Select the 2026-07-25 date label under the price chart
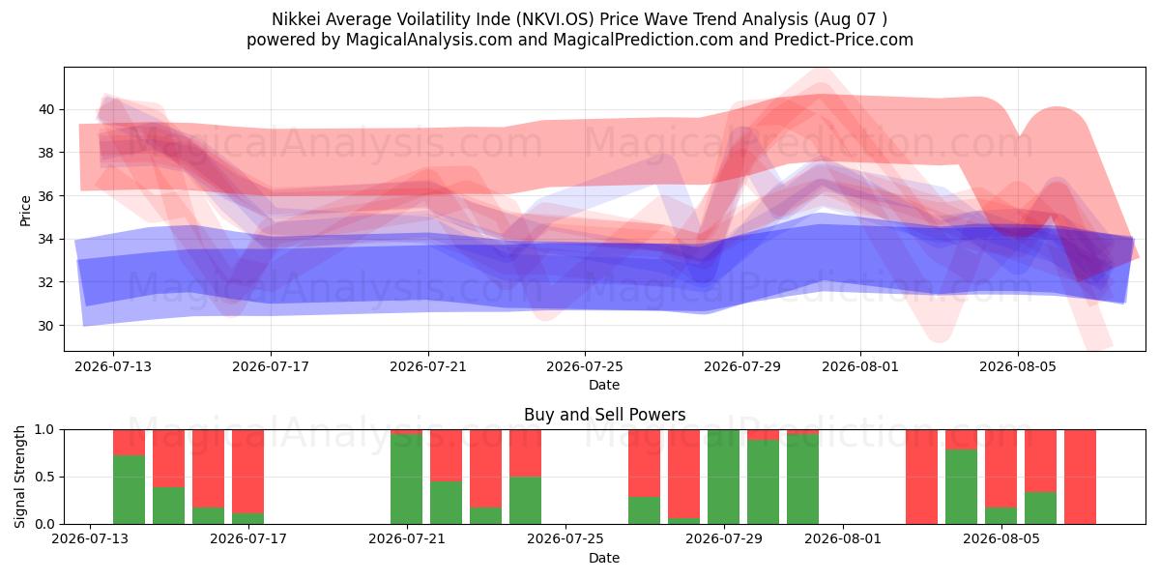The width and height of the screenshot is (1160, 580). [x=585, y=366]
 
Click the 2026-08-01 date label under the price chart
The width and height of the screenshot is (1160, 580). [x=860, y=366]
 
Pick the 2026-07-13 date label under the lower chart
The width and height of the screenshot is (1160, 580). [x=90, y=538]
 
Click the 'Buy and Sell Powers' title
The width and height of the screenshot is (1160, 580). [x=604, y=415]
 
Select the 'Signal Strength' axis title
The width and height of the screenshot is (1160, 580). [x=19, y=477]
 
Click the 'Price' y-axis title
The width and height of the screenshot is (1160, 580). [x=25, y=211]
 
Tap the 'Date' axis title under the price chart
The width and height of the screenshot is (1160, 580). [x=604, y=385]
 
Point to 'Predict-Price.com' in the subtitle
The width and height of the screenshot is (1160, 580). [x=844, y=40]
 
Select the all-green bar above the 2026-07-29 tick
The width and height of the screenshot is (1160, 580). [x=723, y=477]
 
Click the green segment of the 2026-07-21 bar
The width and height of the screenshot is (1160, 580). [x=407, y=478]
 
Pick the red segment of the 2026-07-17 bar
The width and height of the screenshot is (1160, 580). [x=248, y=472]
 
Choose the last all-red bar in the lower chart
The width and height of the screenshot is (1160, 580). [x=1081, y=477]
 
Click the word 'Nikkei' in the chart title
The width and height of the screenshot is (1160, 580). [x=295, y=19]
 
